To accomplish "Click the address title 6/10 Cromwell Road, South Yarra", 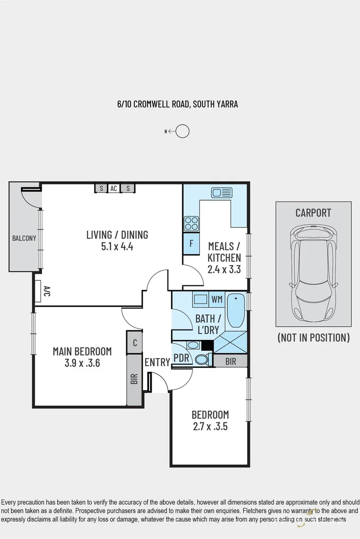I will (x=177, y=105).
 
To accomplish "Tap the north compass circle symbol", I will (x=183, y=131).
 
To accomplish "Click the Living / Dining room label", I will (x=117, y=234).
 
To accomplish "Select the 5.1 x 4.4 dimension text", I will (x=117, y=247).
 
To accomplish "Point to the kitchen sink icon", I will (x=221, y=192).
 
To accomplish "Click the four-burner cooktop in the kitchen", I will (x=192, y=223).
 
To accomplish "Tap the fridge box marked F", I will (x=191, y=243).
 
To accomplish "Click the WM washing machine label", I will (x=217, y=300).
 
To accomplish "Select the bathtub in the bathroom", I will (x=235, y=309).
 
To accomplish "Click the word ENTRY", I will (x=157, y=362).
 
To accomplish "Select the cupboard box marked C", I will (x=134, y=342).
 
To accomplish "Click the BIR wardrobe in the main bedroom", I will (x=134, y=379).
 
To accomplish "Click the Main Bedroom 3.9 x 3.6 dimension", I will (x=82, y=363).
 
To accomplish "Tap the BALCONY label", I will (x=24, y=238).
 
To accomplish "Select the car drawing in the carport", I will (x=313, y=274).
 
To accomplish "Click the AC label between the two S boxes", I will (x=114, y=188).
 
